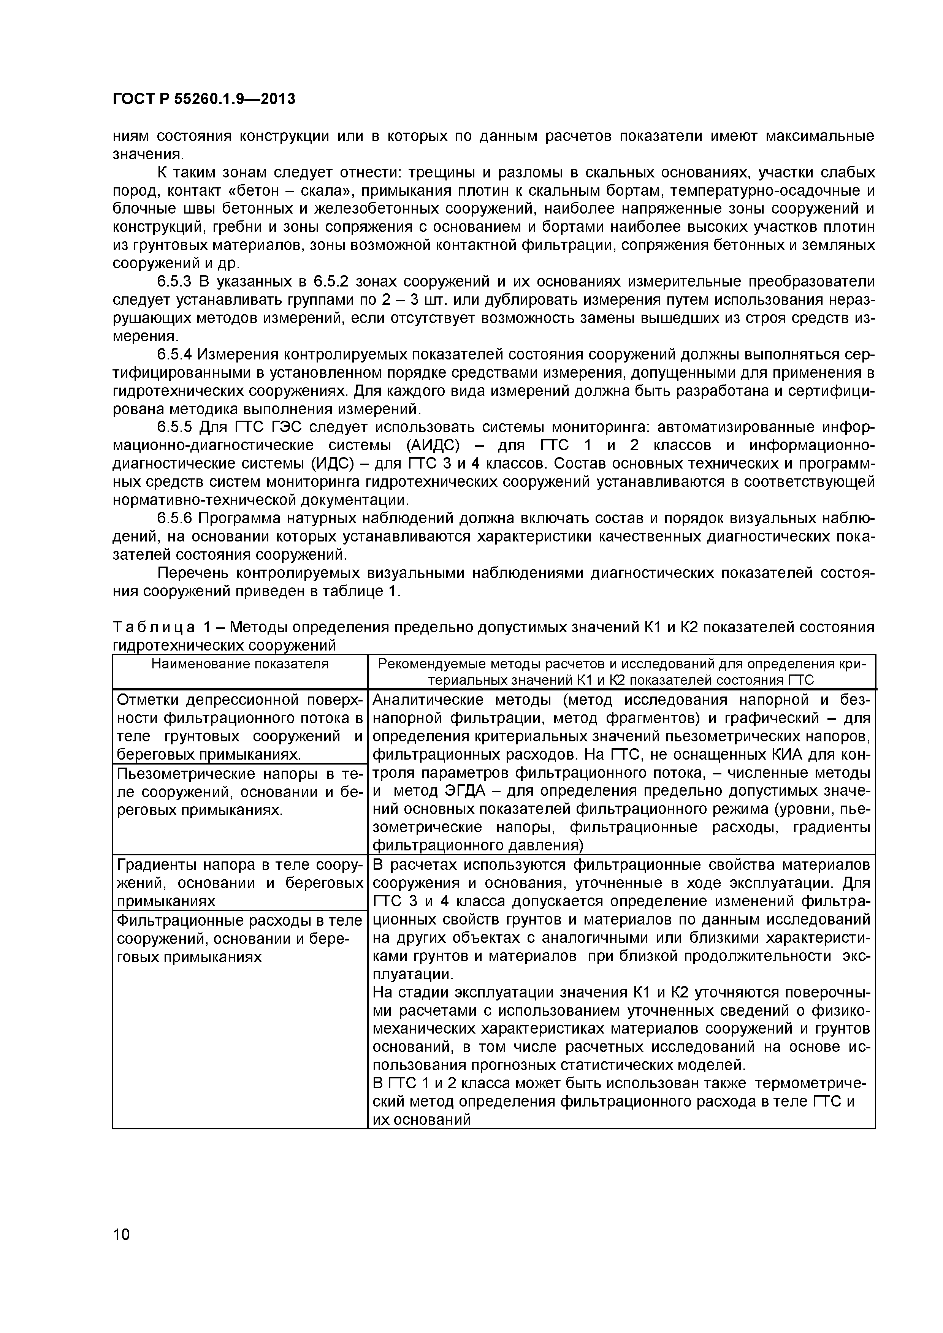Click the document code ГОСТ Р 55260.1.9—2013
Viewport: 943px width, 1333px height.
203,99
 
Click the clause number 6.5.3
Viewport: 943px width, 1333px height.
174,282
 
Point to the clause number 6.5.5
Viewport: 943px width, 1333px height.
174,427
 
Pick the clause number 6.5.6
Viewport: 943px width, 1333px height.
174,518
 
